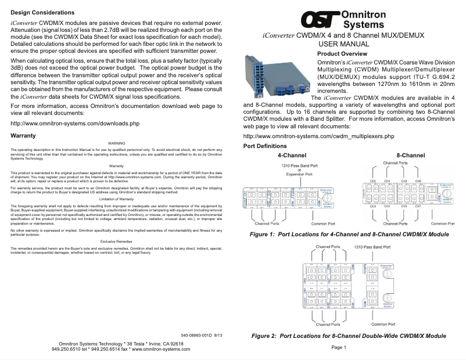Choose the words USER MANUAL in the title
(x=344, y=44)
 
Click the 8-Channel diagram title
(x=410, y=156)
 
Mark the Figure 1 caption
(x=349, y=235)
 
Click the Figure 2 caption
(x=349, y=336)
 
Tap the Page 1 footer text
(x=339, y=347)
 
